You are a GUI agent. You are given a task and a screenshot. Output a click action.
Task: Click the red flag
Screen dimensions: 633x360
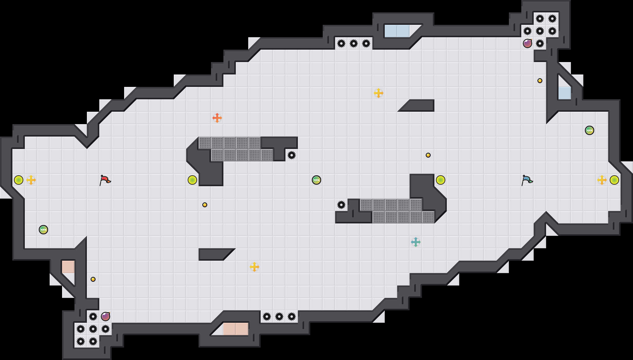pyautogui.click(x=105, y=180)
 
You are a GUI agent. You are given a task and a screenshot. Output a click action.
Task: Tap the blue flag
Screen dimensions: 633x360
pyautogui.click(x=527, y=180)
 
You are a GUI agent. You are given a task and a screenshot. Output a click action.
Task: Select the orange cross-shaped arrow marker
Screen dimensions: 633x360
pyautogui.click(x=217, y=118)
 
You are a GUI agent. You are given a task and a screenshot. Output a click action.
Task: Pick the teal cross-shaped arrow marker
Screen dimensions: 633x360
pyautogui.click(x=416, y=242)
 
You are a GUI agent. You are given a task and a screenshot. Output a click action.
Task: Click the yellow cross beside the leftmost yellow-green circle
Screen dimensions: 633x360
pyautogui.click(x=31, y=180)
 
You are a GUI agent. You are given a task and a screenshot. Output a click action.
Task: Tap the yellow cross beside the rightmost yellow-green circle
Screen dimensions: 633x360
pyautogui.click(x=602, y=180)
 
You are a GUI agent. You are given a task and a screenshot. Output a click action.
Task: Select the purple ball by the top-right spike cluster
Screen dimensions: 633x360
pyautogui.click(x=527, y=43)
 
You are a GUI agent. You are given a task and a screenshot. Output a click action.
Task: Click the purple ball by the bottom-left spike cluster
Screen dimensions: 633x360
pyautogui.click(x=105, y=317)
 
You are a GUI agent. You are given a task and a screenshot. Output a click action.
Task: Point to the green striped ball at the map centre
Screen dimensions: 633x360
pyautogui.click(x=316, y=180)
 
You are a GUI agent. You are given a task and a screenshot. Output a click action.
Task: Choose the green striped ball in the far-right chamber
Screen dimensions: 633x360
pyautogui.click(x=590, y=130)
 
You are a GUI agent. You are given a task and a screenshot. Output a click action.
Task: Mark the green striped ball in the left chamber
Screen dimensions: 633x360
pyautogui.click(x=43, y=230)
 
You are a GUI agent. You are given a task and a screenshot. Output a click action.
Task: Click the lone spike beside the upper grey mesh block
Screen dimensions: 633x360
pyautogui.click(x=292, y=155)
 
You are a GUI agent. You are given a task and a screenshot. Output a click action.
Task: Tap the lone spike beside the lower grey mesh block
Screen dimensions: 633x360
pyautogui.click(x=341, y=205)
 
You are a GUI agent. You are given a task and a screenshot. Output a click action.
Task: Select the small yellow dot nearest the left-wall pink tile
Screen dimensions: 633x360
pyautogui.click(x=93, y=279)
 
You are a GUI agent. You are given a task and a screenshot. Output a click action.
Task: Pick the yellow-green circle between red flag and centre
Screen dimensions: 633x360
pyautogui.click(x=192, y=180)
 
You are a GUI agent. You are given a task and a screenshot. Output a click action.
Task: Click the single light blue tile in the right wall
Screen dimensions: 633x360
pyautogui.click(x=565, y=93)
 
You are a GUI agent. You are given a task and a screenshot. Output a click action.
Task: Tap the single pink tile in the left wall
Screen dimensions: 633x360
pyautogui.click(x=68, y=267)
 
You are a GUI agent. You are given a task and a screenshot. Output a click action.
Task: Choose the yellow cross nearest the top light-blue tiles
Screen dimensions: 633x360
pyautogui.click(x=379, y=93)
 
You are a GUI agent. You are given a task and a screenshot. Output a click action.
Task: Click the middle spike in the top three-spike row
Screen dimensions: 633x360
pyautogui.click(x=354, y=43)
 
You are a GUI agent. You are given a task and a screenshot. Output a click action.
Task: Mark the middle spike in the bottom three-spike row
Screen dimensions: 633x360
pyautogui.click(x=279, y=317)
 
